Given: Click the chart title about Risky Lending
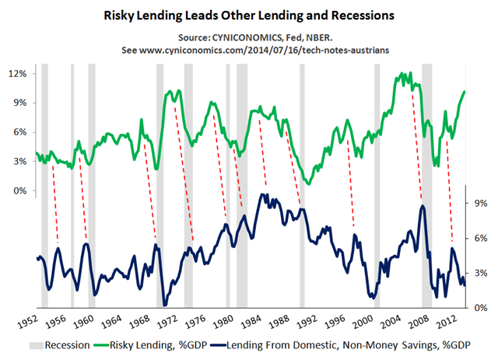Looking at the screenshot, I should pyautogui.click(x=248, y=15).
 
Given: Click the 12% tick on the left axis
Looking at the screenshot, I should pyautogui.click(x=18, y=74).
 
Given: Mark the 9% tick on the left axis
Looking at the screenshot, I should pyautogui.click(x=20, y=103).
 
